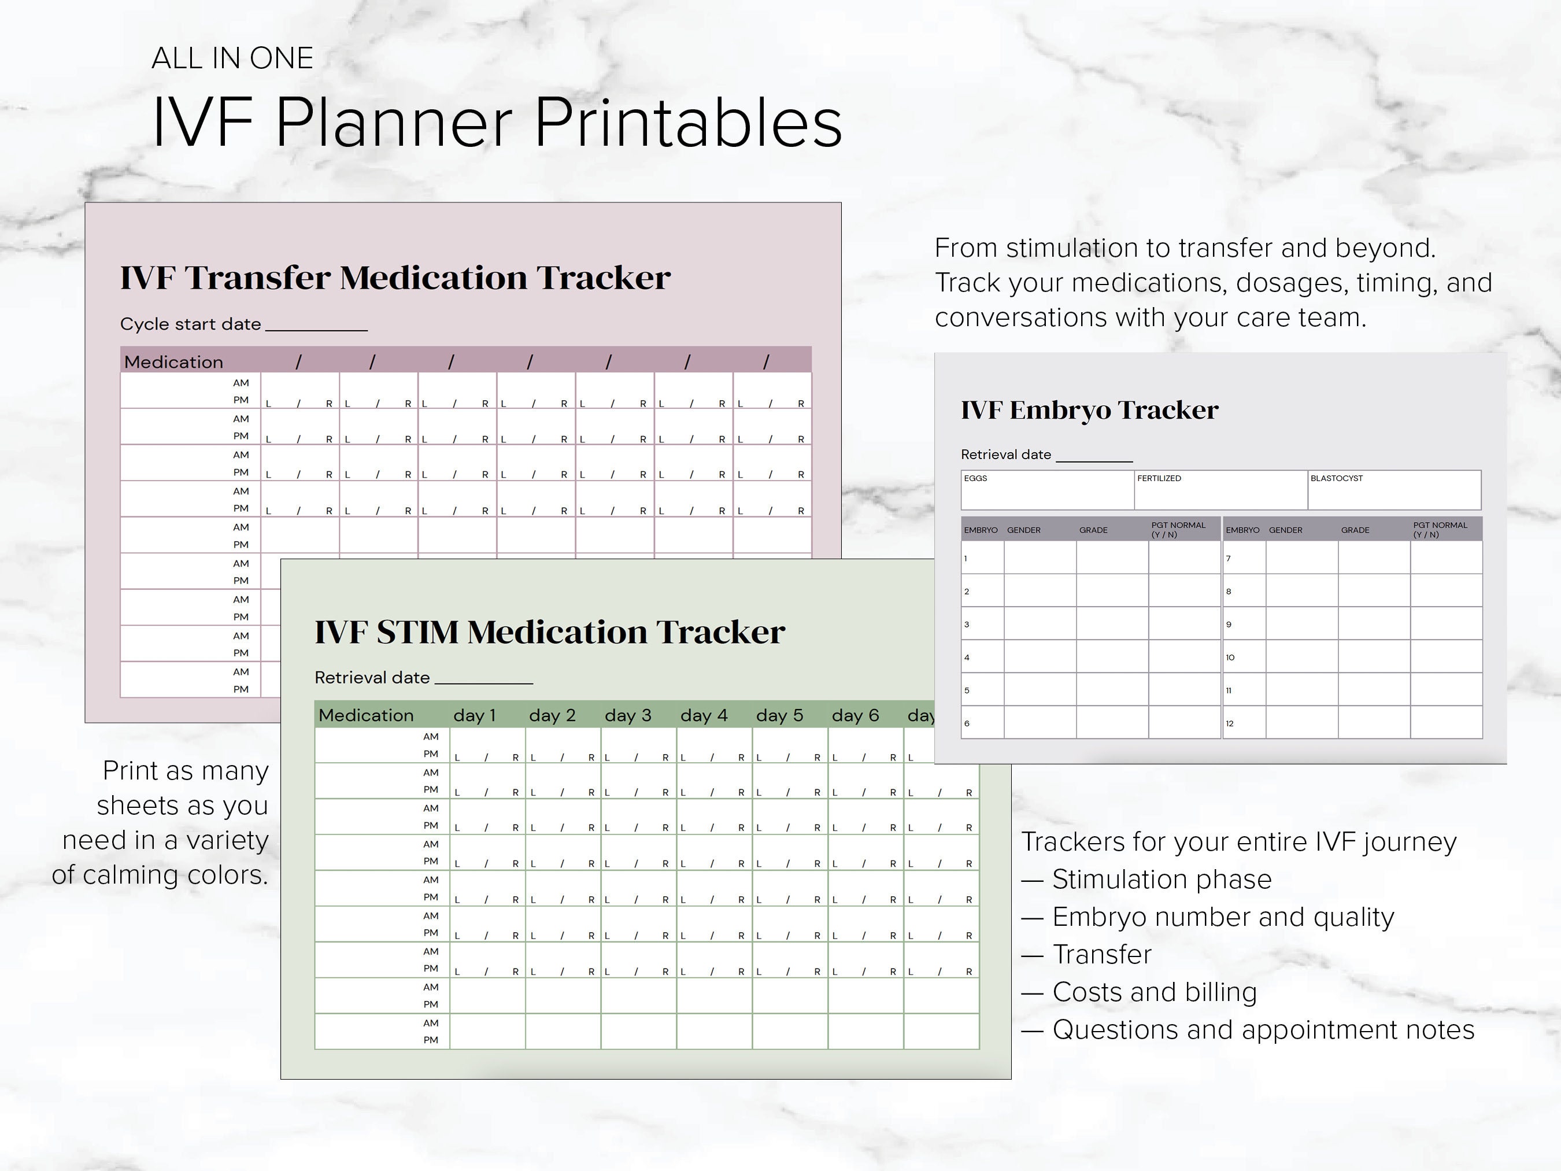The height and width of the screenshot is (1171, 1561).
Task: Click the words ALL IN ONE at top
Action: click(x=232, y=58)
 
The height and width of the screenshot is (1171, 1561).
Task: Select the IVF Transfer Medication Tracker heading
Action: click(x=395, y=278)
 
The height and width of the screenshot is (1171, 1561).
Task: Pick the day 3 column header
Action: click(x=627, y=715)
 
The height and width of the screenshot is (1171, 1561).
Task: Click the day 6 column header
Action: click(x=855, y=715)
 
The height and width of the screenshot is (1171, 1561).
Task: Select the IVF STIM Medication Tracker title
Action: click(x=549, y=631)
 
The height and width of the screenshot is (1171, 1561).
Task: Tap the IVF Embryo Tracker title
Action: click(x=1089, y=410)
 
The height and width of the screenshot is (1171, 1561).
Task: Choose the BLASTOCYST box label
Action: click(x=1336, y=479)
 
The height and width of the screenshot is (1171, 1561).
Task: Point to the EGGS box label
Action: click(x=975, y=479)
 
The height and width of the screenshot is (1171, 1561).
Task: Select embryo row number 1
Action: click(x=966, y=559)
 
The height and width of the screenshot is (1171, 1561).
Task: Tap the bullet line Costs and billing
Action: click(x=1154, y=992)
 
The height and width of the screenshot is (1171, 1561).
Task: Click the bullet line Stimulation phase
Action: click(x=1161, y=880)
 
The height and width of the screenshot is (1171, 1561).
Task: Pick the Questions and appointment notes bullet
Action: click(x=1263, y=1030)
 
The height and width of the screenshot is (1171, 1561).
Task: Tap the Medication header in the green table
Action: click(x=365, y=715)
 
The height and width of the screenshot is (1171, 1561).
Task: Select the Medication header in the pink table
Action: click(x=173, y=362)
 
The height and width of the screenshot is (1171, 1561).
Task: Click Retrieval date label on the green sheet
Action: click(x=372, y=678)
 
